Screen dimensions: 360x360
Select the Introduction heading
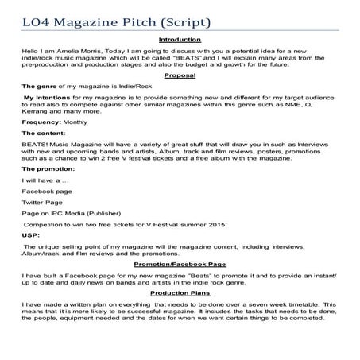tap(180, 40)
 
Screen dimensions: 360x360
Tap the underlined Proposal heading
tap(180, 76)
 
